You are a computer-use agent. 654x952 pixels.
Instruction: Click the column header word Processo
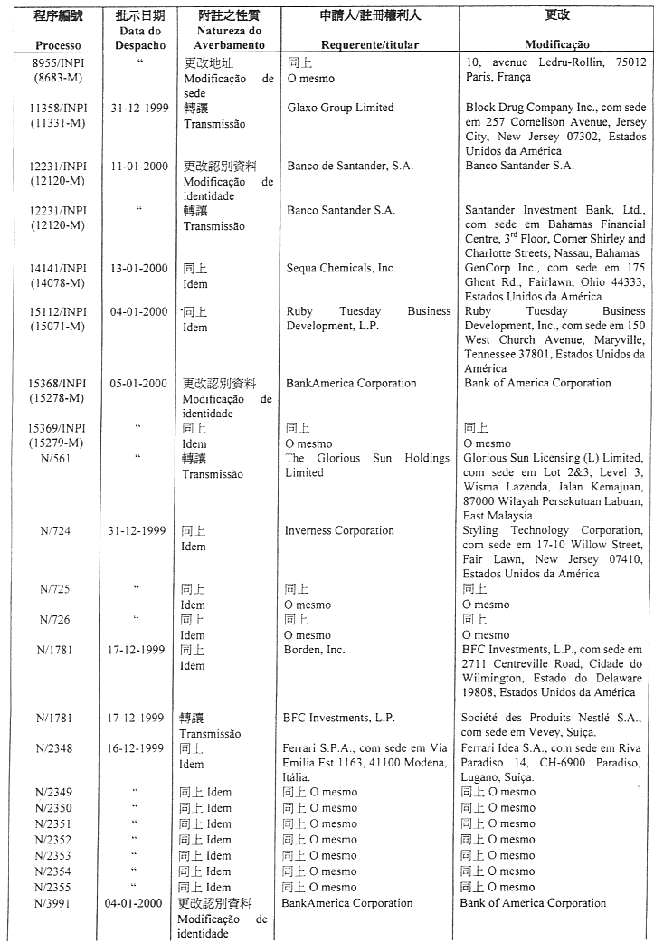click(59, 44)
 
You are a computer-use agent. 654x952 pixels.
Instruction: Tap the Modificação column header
click(556, 44)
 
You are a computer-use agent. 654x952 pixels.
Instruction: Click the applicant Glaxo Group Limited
click(340, 108)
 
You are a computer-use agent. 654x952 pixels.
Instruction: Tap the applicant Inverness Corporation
click(339, 530)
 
